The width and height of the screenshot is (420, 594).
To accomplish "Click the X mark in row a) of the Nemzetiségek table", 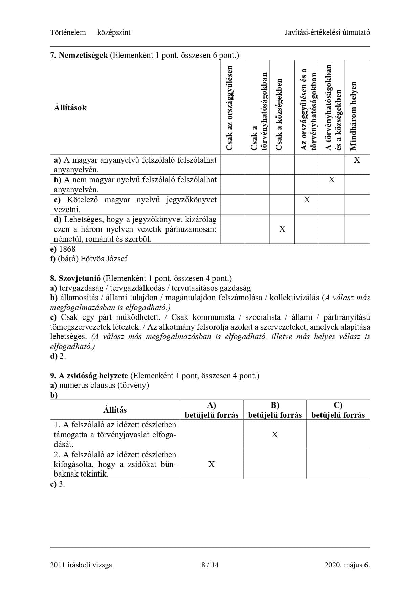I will (x=357, y=160).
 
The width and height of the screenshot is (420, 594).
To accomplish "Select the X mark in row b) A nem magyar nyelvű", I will (x=332, y=180).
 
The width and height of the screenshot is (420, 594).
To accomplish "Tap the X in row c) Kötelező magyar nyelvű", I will (x=307, y=200).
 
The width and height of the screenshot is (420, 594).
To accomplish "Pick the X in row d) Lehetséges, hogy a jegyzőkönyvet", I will (x=282, y=229).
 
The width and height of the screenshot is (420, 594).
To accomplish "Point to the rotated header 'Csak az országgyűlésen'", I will (x=229, y=108).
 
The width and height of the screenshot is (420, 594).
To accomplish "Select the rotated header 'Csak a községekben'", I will (x=279, y=114).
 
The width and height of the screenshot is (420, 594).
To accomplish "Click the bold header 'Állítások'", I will (x=70, y=108).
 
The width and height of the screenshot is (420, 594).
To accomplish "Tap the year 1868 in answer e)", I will (x=67, y=249).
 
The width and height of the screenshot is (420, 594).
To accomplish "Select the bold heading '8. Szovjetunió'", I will (x=75, y=278).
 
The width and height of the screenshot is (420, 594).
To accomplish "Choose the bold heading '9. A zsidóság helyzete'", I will (x=89, y=376).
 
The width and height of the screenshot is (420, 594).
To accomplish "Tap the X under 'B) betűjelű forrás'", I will (x=275, y=435).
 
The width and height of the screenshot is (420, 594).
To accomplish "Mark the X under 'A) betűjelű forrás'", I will (x=212, y=464).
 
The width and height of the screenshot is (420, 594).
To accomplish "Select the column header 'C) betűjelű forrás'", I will (x=338, y=410).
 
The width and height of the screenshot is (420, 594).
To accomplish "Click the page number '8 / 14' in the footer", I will (x=210, y=565).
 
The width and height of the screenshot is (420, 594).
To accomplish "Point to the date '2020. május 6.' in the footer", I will (x=347, y=565).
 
